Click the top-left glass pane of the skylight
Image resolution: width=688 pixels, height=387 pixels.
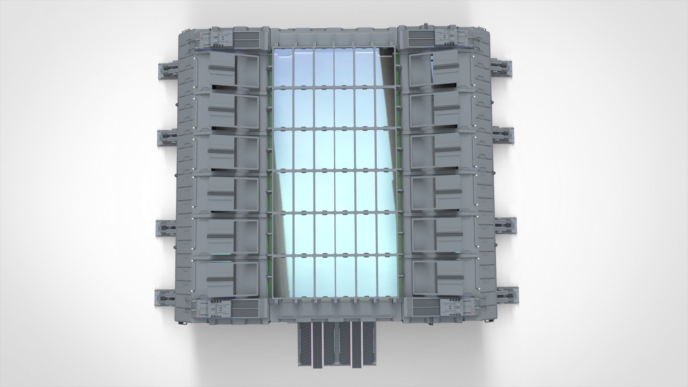283,67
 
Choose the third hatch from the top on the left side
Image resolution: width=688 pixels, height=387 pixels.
233,153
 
